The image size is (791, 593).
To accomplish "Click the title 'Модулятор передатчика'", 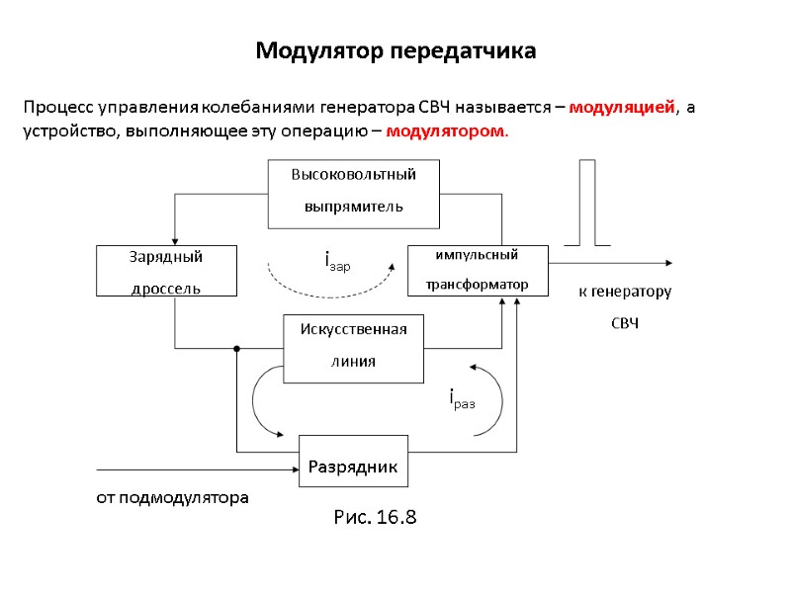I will pos(395,50).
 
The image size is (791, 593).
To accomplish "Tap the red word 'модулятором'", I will pos(446,130).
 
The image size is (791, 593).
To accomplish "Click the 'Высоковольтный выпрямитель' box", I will pos(353,191).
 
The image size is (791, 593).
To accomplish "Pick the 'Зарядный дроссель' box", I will pos(166,271).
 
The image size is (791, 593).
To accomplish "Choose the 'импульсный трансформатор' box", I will pos(478,270).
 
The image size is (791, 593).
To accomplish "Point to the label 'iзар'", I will pos(337,261).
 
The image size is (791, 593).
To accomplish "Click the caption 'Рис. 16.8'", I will pos(376,517).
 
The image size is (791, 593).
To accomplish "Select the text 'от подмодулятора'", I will pos(173,496).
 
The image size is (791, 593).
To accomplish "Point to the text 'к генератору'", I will pos(625,293).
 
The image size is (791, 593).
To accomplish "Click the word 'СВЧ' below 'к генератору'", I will pos(625,323).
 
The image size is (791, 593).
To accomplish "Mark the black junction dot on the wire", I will pos(237,348).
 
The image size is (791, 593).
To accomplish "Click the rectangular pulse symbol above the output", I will pos(587,203).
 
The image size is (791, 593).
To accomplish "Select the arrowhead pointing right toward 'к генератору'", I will pos(669,263).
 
